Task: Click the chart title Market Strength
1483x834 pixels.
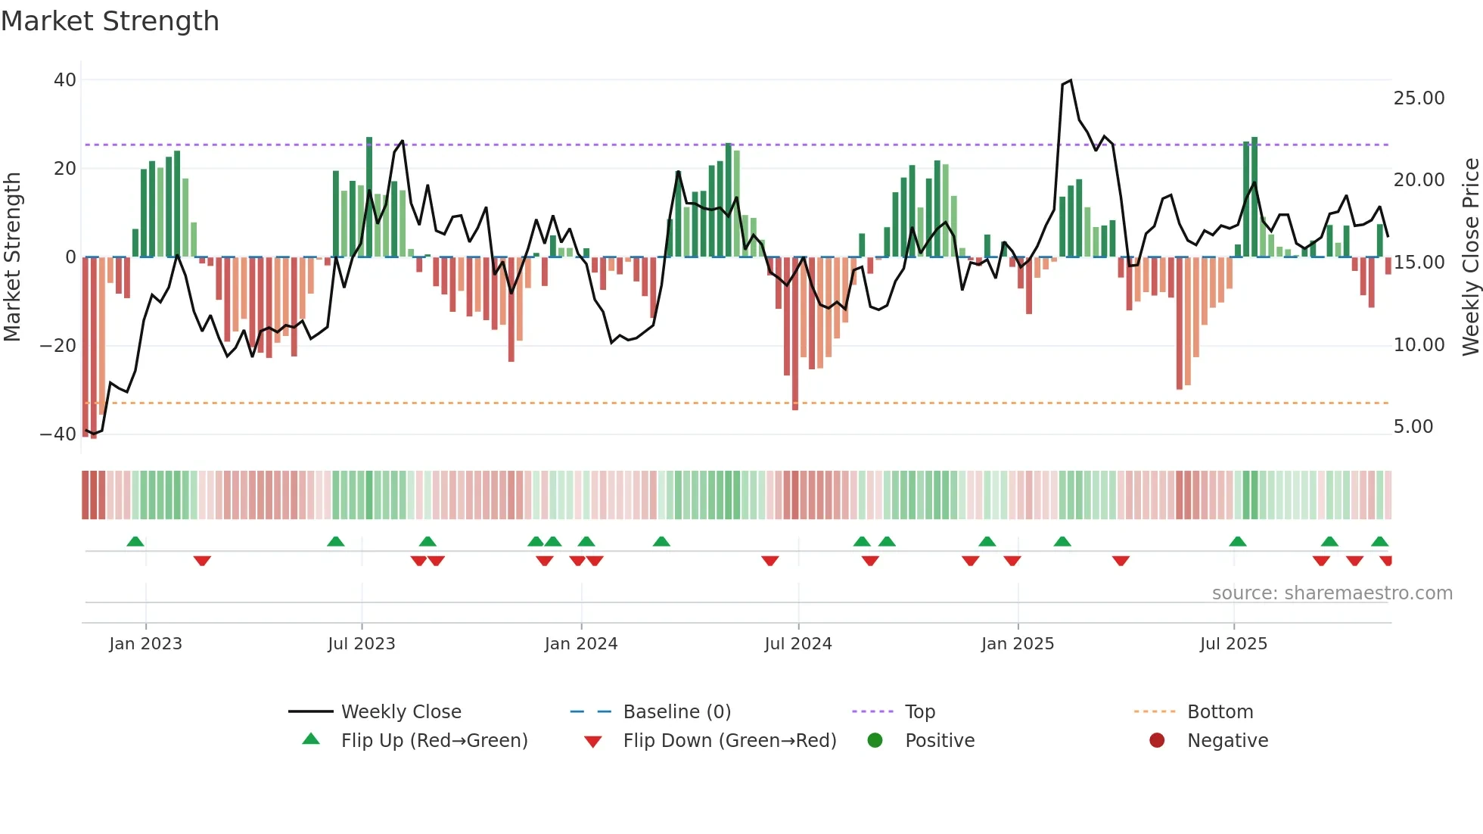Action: tap(110, 21)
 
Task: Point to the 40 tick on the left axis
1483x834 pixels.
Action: tap(65, 79)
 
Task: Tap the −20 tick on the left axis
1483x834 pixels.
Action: tap(58, 346)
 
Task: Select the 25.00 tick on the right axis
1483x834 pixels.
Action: tap(1419, 98)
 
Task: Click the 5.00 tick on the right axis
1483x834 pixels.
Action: tap(1413, 427)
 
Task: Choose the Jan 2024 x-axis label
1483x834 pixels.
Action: tap(580, 644)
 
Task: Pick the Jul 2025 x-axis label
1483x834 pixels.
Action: tap(1233, 644)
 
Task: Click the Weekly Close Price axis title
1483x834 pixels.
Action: tap(1470, 257)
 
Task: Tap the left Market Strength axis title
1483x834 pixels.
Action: tap(13, 257)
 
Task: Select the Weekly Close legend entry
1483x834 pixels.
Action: tap(400, 712)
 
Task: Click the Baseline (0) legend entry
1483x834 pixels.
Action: tap(676, 712)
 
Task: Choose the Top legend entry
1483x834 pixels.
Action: tap(919, 712)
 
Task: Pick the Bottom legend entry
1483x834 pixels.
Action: tap(1220, 712)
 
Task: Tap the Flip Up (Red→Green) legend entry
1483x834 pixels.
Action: tap(434, 741)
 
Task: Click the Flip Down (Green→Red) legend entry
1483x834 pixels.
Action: tap(729, 741)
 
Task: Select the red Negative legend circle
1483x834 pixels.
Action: tap(1156, 740)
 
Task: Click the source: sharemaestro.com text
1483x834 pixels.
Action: tap(1332, 593)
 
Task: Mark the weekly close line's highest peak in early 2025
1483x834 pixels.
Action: tap(1070, 81)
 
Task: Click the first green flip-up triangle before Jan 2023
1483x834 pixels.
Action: tap(135, 542)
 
